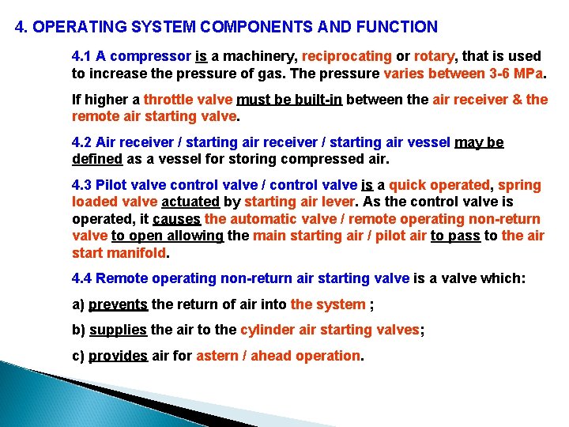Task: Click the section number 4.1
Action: coord(82,56)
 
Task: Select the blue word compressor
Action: coord(152,56)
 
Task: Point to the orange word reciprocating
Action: coord(347,56)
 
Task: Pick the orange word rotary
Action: coord(435,56)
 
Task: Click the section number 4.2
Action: coord(82,142)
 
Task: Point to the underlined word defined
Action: coord(97,158)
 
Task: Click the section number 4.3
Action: coord(82,185)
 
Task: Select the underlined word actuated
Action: coord(190,202)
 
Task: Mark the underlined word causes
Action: coord(176,219)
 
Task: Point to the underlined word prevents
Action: coord(118,304)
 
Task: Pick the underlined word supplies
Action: coord(119,330)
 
